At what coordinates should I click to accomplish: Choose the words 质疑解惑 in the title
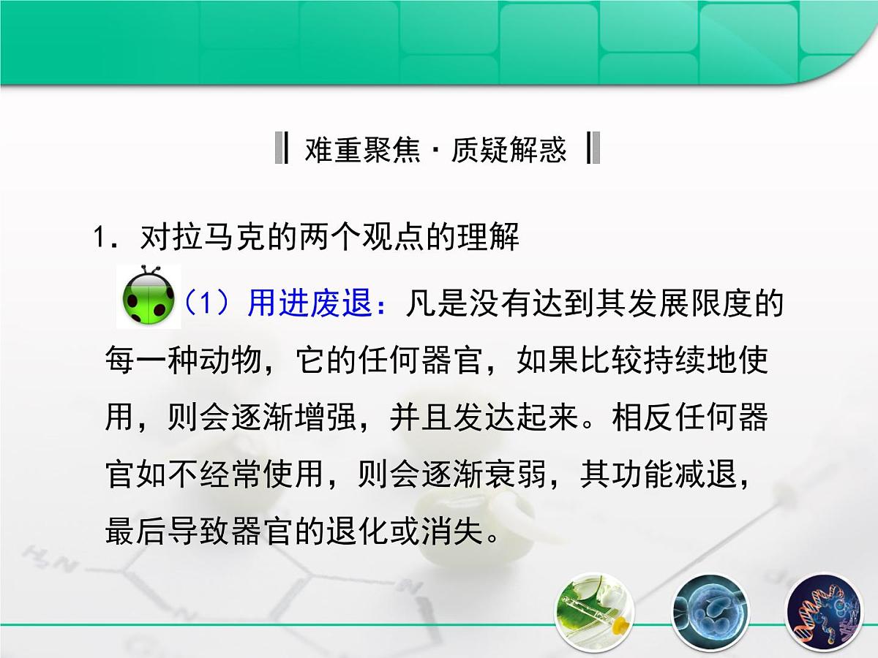click(x=509, y=150)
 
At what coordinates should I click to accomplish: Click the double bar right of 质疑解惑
click(x=593, y=148)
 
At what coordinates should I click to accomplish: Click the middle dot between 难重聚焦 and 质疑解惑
click(x=436, y=151)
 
